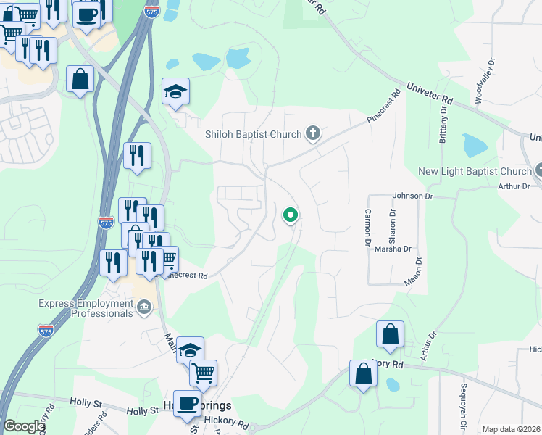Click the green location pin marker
click(291, 215)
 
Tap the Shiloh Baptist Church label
click(253, 133)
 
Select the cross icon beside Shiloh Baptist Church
click(313, 133)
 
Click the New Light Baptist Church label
click(475, 172)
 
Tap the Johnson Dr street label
click(412, 196)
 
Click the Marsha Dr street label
click(393, 249)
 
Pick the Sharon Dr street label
click(392, 225)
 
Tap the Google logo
click(24, 426)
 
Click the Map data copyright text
click(511, 429)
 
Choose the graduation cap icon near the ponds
click(175, 91)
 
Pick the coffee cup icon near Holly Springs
click(187, 402)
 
